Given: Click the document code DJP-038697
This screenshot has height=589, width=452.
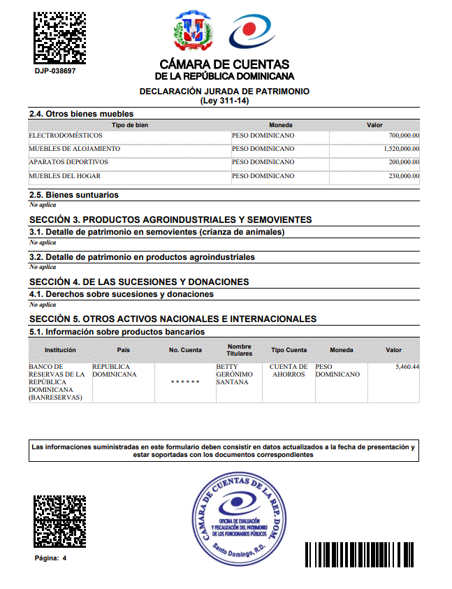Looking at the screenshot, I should point(55,71).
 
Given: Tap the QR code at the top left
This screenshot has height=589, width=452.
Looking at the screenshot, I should point(59,36).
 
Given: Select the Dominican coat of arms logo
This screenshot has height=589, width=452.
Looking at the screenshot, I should point(192,31).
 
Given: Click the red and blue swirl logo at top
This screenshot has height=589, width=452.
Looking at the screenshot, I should point(252,31).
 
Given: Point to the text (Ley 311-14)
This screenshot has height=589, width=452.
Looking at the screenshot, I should point(224,101).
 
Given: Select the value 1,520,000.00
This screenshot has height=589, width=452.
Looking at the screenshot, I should point(401,149).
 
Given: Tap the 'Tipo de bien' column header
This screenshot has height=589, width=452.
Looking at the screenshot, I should point(130,125).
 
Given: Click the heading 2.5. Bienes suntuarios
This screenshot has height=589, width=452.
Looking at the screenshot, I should point(73,195).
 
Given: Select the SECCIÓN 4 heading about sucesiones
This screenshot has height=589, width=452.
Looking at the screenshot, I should point(139,282).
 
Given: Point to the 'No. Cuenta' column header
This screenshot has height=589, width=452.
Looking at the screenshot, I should point(185,350).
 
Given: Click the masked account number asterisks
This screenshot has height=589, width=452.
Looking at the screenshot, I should point(185,383).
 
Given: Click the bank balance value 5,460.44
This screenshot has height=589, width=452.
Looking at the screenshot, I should point(407,367).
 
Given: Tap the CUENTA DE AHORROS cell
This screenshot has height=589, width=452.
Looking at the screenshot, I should point(288,370).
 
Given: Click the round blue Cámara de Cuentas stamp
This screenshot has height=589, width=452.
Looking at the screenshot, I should point(241,517).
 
